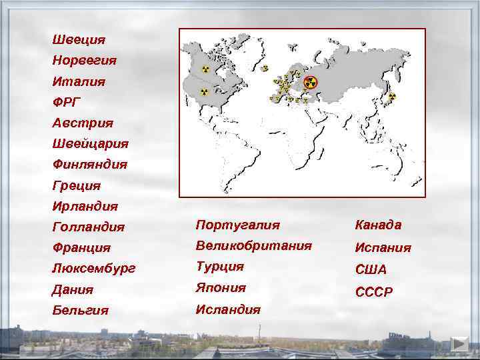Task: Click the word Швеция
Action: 79,40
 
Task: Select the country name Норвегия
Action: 84,61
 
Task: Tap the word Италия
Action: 79,81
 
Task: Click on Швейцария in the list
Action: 90,143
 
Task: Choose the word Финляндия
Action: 89,164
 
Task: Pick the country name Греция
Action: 77,185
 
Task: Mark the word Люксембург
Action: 93,269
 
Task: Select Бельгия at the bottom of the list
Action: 81,311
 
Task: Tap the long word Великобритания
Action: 253,245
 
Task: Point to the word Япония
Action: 221,288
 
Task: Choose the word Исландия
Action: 228,309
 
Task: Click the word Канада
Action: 379,225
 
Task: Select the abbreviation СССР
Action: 374,292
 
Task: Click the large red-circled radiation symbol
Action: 310,83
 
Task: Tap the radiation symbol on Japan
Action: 392,97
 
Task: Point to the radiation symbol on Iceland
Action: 265,68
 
